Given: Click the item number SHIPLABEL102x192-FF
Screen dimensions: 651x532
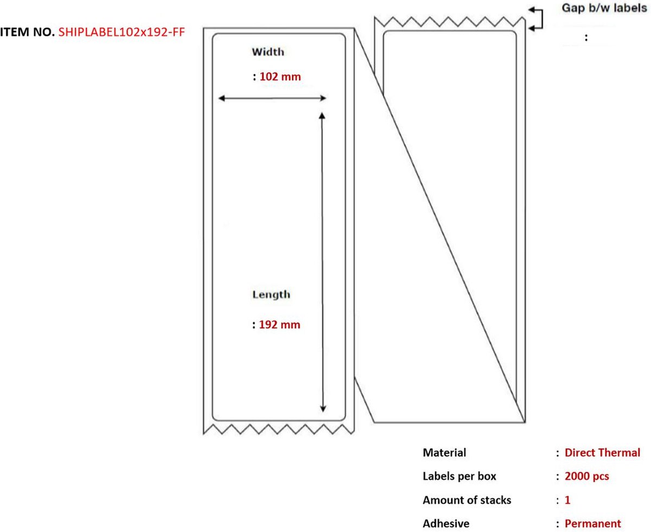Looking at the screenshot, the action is pos(122,32).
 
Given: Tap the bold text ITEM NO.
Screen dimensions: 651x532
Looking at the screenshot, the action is pos(27,32).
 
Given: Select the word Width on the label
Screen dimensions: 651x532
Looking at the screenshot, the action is pos(267,52).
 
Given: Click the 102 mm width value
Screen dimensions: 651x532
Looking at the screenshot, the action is pos(280,77).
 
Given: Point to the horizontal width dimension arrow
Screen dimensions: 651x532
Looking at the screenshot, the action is pos(272,99).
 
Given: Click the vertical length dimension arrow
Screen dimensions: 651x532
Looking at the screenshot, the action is pos(322,262).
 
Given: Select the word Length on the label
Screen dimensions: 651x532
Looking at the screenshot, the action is pos(271,295).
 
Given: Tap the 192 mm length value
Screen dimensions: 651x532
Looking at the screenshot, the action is pos(279,325).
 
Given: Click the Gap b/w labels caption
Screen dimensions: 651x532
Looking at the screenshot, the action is pos(604,8).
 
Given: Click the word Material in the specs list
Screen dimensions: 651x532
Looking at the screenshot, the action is pos(444,453).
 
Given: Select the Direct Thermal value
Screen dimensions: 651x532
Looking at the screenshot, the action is pos(602,453).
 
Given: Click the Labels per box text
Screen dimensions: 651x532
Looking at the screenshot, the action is pos(459,476).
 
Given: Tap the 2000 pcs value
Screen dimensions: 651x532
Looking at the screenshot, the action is pos(587,476).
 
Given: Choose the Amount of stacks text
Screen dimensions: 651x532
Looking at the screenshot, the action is pos(467,500).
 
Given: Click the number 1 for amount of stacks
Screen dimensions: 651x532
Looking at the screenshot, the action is pos(567,500).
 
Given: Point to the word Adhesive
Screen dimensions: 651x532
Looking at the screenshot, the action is pos(446,523).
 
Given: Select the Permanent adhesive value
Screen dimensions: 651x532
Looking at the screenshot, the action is pos(592,523).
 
